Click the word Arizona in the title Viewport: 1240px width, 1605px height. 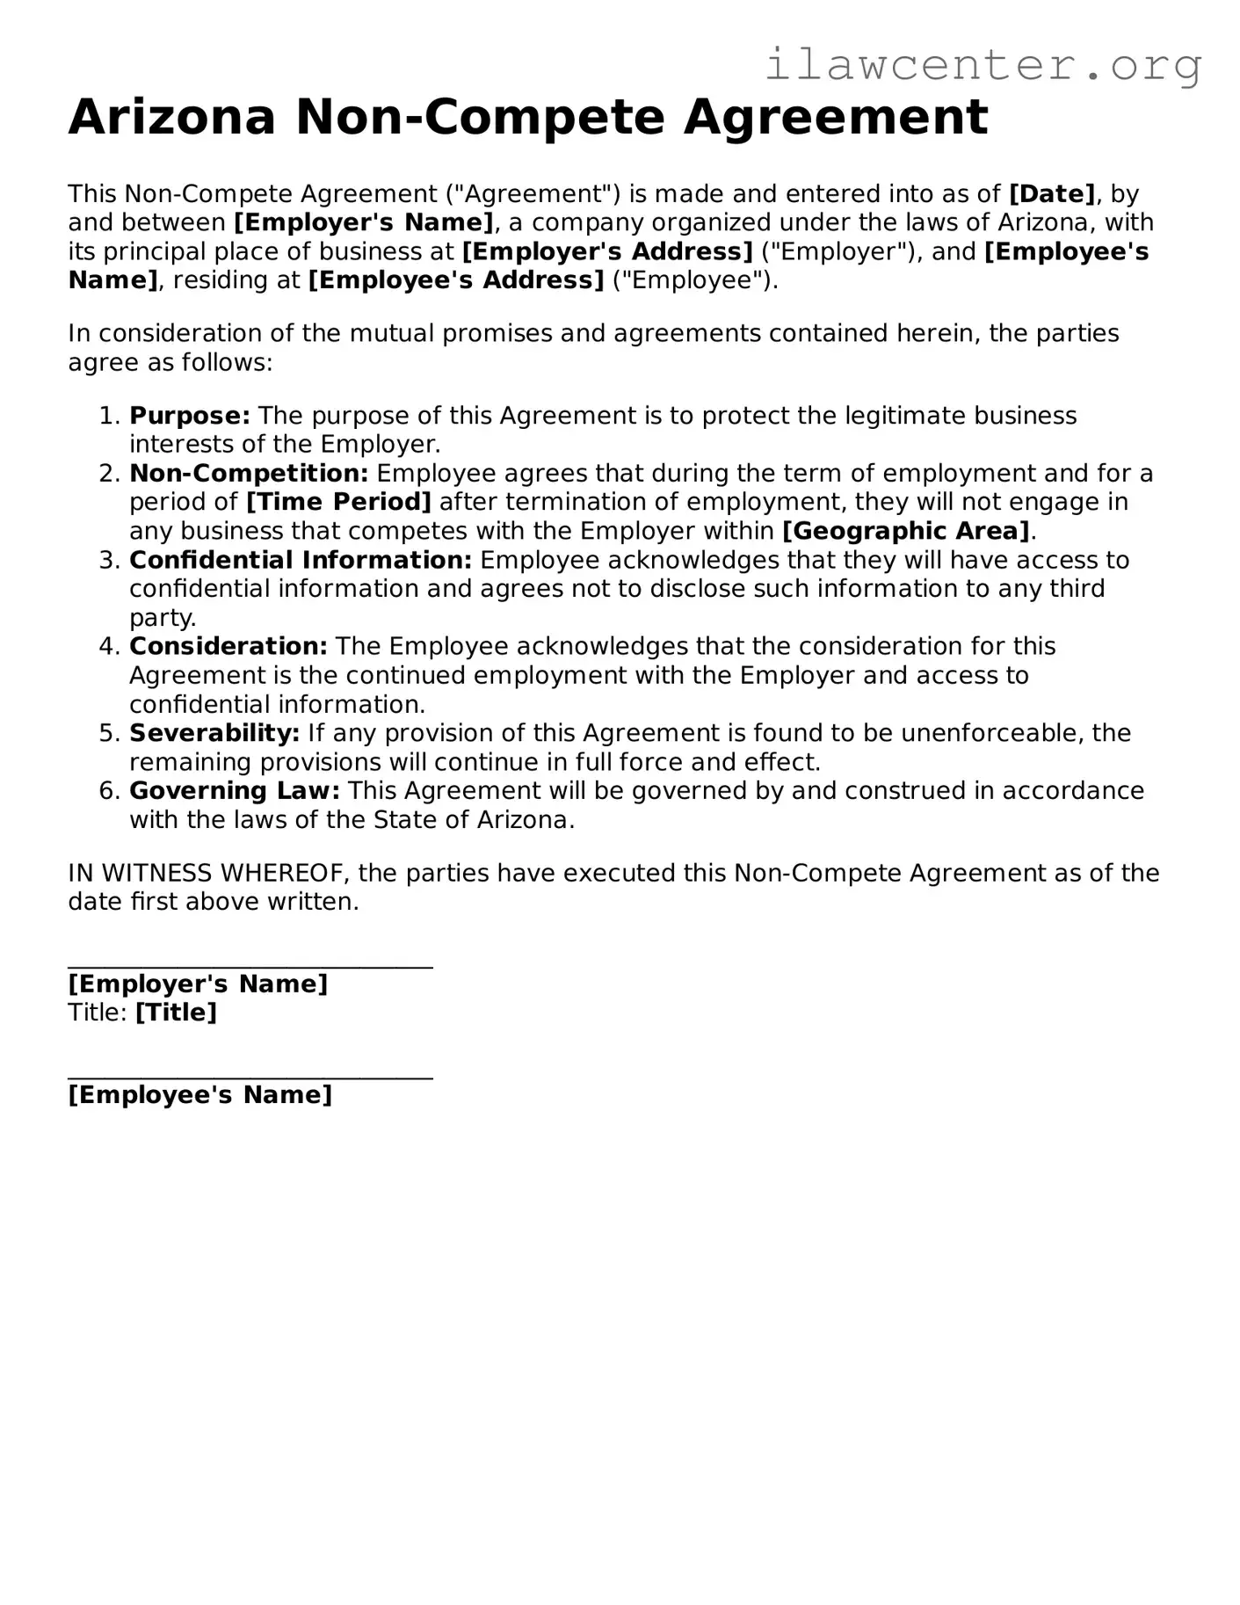coord(172,117)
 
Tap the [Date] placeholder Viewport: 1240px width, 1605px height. coord(1052,193)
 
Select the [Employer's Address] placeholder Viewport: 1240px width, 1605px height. coord(607,251)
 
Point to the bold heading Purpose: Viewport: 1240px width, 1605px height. coord(190,415)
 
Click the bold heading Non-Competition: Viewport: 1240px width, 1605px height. coord(249,473)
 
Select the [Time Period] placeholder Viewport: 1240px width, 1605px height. coord(338,502)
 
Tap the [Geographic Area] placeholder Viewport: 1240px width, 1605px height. coord(905,531)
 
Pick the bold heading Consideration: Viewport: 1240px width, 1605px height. coord(228,646)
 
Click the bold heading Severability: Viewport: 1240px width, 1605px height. coord(214,732)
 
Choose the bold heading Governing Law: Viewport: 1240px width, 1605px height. coord(235,790)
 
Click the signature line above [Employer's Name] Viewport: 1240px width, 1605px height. coord(250,967)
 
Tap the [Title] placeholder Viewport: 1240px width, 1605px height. coord(176,1013)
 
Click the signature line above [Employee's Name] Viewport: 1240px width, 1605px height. coord(250,1078)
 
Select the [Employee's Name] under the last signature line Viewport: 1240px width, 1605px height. coord(200,1094)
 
